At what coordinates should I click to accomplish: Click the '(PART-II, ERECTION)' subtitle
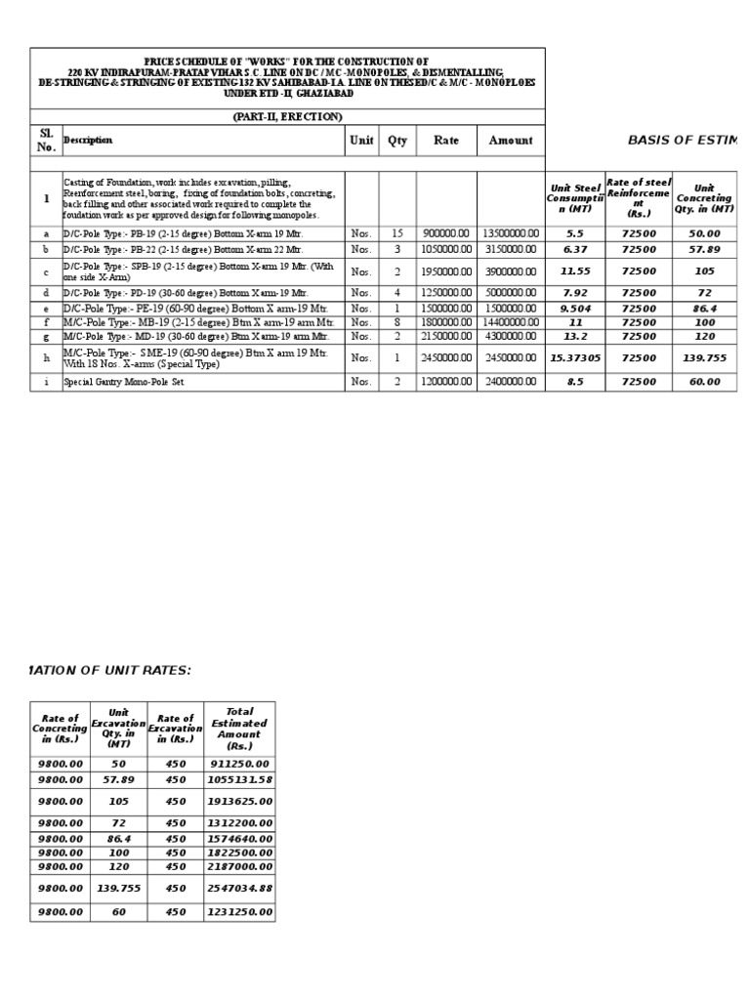287,116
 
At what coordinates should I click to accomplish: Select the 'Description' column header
88,140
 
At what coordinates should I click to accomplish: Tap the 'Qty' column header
397,140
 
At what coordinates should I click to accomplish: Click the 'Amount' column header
511,140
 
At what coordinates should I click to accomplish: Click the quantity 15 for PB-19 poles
397,234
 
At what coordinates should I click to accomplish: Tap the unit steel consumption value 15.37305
575,357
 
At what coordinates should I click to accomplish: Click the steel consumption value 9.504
575,307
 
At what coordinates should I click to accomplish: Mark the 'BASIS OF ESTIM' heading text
683,141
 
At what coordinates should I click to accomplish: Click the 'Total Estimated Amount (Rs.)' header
239,729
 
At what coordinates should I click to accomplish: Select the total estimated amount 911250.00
239,765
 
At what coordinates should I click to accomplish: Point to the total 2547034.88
239,889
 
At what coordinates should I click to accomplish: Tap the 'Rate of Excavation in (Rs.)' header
175,729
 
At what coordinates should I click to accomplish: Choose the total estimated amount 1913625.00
239,801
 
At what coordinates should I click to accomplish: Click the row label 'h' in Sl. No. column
45,357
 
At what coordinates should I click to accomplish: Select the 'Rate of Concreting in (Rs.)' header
61,729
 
